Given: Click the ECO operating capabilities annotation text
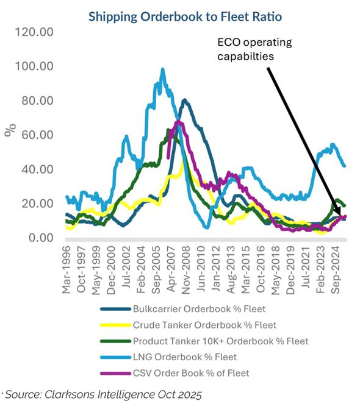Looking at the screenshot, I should (254, 49).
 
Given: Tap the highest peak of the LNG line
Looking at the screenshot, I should (162, 69).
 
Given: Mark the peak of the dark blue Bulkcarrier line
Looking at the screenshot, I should (184, 100).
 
